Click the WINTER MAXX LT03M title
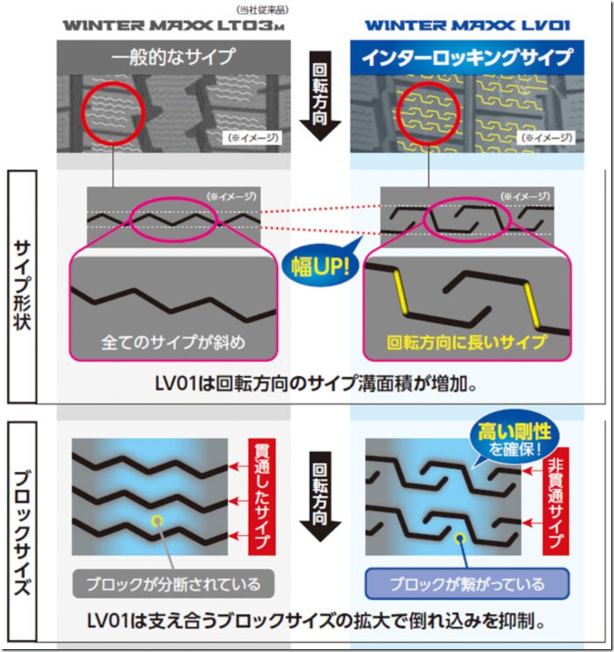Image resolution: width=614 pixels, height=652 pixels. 174,25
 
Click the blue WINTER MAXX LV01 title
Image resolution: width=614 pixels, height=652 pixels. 467,25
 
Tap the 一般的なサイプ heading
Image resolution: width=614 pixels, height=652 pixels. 173,56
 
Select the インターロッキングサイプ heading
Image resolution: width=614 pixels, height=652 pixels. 467,57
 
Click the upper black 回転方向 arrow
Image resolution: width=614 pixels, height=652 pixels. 320,95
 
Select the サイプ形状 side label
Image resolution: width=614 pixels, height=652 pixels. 22,286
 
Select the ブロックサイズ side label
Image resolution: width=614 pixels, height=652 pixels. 22,533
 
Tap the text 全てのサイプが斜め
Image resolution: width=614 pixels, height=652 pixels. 173,342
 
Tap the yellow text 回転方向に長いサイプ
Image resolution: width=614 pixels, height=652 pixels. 466,342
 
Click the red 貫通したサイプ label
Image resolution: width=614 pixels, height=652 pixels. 262,496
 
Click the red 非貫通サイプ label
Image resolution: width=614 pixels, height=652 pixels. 556,501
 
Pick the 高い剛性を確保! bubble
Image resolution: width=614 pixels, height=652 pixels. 514,439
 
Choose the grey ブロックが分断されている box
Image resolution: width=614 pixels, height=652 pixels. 173,584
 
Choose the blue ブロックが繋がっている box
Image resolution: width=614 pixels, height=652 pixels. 467,584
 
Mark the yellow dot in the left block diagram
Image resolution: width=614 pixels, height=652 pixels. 157,520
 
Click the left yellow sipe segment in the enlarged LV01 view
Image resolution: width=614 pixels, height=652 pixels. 400,292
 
